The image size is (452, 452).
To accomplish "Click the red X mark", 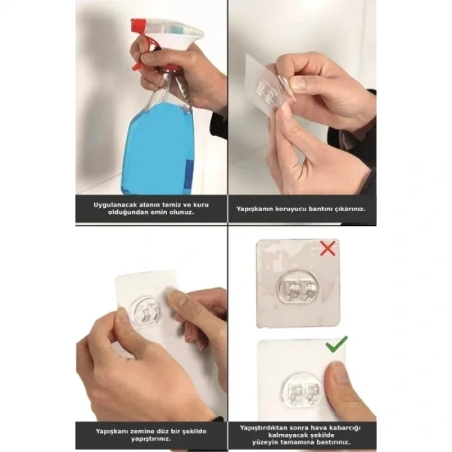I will tap(328, 248).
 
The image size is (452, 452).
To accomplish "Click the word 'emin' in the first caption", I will tap(169, 212).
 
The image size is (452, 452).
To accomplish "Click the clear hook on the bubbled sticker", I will tap(299, 289).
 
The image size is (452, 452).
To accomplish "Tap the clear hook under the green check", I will tap(302, 392).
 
